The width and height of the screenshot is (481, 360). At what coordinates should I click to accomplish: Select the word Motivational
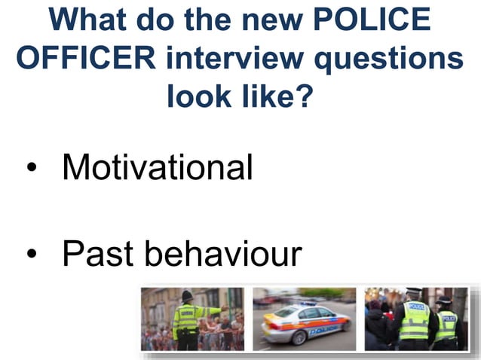(x=157, y=167)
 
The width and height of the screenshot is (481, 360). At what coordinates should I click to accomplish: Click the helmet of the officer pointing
(x=187, y=295)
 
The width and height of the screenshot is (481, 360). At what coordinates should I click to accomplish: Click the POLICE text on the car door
(x=323, y=329)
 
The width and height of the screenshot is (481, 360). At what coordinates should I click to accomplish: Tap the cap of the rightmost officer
(x=445, y=301)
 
